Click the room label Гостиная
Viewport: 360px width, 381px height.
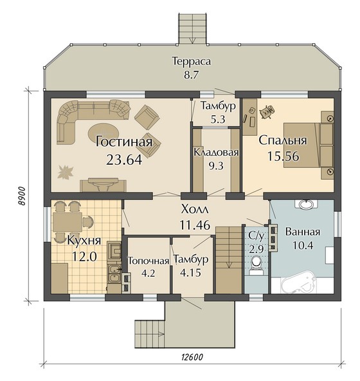[x=124, y=142]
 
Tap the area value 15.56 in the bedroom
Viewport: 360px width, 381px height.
[x=283, y=156]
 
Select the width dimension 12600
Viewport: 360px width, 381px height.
[x=192, y=357]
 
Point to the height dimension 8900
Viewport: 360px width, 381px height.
[x=22, y=196]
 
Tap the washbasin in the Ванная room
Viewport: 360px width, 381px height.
[x=306, y=205]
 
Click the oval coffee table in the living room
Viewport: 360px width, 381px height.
[x=104, y=133]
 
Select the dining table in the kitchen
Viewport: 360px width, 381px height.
[x=67, y=222]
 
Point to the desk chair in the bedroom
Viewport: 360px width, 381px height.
[x=267, y=112]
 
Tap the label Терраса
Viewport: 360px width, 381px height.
[x=192, y=61]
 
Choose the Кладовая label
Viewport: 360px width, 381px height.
[x=216, y=153]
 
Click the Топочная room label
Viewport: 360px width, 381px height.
[x=148, y=261]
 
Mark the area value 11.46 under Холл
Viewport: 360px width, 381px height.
[x=195, y=225]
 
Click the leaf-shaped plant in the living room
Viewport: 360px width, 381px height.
[x=65, y=172]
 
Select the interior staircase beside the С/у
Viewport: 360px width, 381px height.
[x=229, y=260]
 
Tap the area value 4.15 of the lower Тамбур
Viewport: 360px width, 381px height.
[x=190, y=272]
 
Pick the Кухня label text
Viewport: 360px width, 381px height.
[x=84, y=241]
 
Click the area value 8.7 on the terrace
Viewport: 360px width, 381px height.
[x=192, y=75]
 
